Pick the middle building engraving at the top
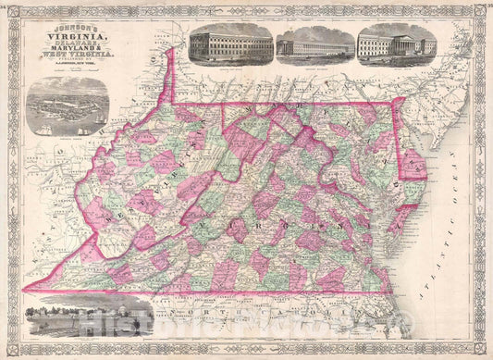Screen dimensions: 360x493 point(314,43)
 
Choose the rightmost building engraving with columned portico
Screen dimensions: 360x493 point(396,43)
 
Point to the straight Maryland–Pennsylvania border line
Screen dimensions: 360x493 point(305,101)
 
